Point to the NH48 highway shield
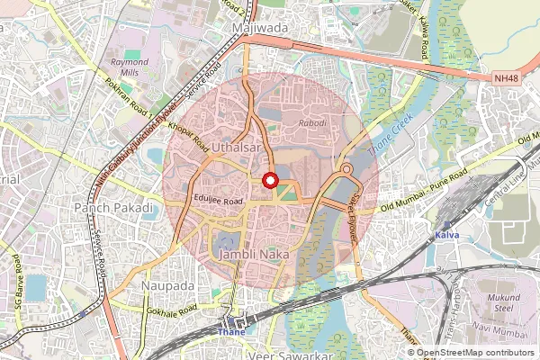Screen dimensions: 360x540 tap(506, 79)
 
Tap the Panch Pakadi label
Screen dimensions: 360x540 tap(114, 208)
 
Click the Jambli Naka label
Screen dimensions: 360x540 tap(261, 256)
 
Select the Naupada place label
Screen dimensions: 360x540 tap(167, 285)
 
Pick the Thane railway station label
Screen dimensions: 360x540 tap(232, 331)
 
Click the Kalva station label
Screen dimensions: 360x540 tap(447, 236)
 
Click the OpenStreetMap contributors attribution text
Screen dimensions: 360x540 tap(475, 353)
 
